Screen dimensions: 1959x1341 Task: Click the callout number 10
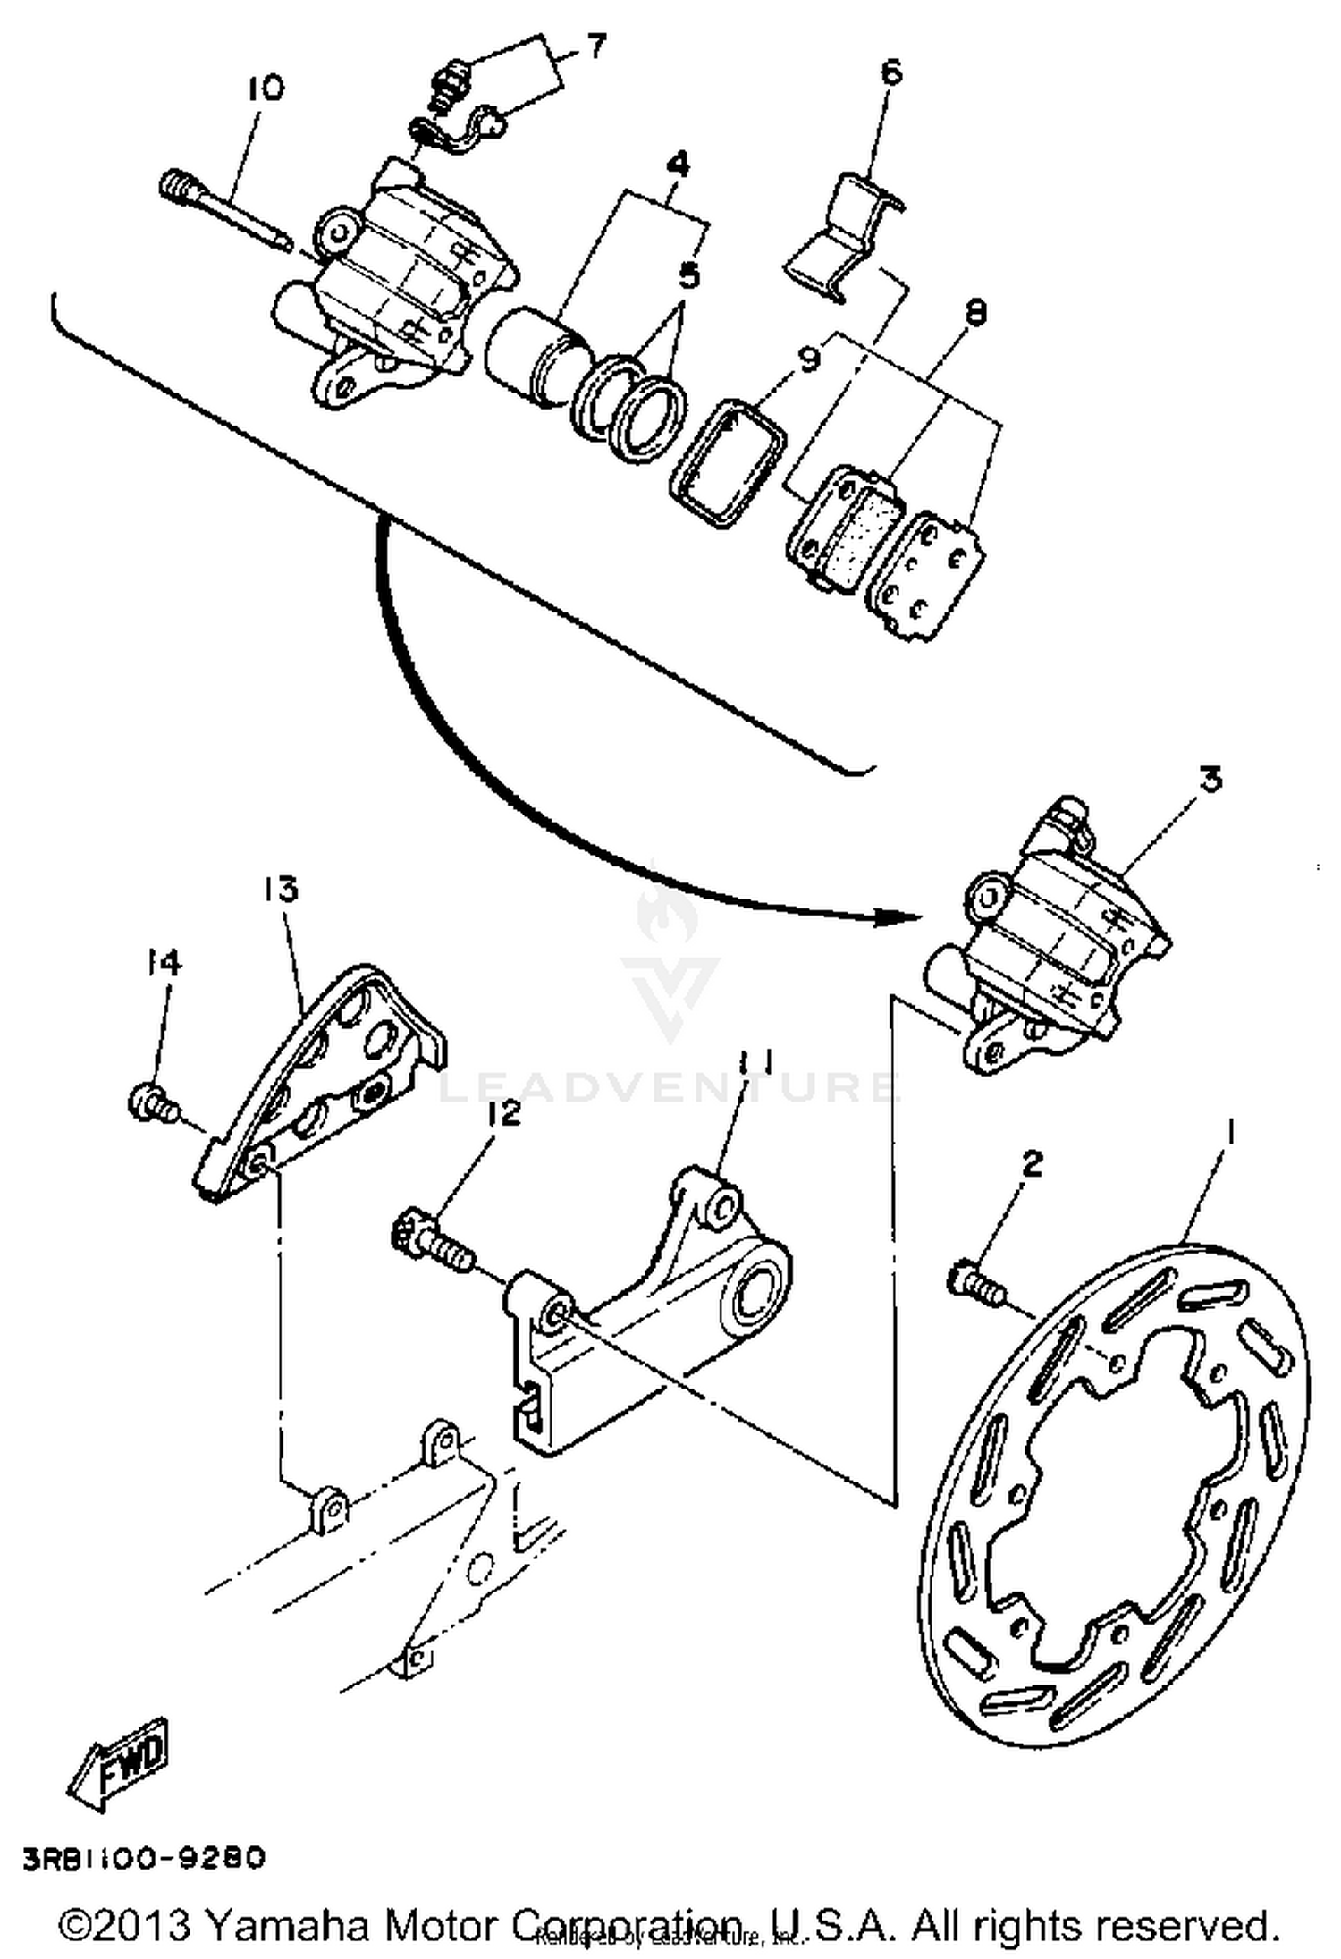coord(265,89)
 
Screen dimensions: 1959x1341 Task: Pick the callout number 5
coord(688,274)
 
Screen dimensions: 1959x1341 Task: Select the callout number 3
coord(1210,780)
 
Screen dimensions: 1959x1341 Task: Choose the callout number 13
coord(280,891)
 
